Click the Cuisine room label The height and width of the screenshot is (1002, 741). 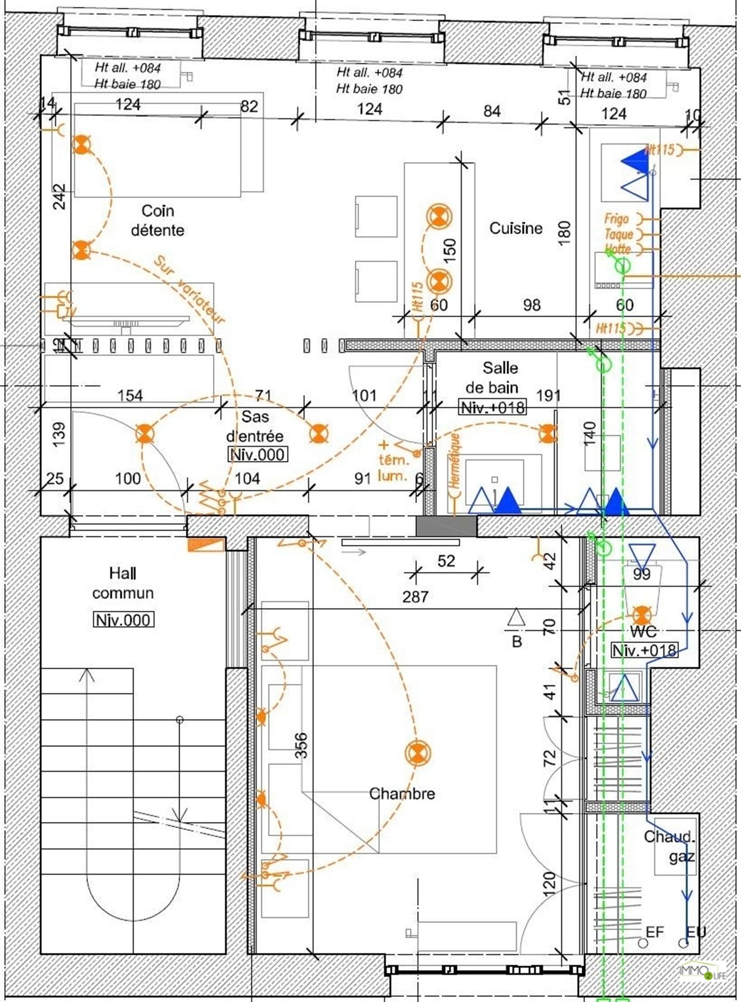coord(515,228)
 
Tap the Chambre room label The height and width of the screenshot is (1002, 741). coord(402,793)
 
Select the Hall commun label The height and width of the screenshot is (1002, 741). coord(123,583)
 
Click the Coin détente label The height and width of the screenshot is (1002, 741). coord(157,220)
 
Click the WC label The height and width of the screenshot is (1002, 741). coord(643,631)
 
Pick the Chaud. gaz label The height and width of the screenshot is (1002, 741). coord(670,846)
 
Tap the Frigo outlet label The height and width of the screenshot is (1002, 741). coord(617,219)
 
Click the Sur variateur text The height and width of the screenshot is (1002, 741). coord(189,290)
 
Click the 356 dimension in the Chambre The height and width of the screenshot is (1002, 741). coord(301,745)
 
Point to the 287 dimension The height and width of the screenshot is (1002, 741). coord(415,596)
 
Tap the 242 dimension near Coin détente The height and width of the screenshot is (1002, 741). coord(59,197)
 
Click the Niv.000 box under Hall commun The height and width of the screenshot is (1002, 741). coord(123,620)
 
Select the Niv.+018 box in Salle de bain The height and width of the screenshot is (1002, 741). coord(492,407)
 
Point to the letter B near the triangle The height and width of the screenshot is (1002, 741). coord(517,641)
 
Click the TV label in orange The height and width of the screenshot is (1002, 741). coord(70,312)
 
